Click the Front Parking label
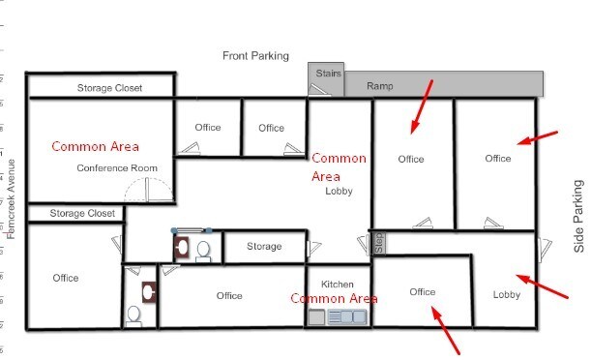click(x=255, y=56)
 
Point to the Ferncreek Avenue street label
click(x=11, y=199)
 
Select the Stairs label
click(x=324, y=72)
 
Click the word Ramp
click(x=379, y=87)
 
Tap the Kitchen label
click(x=338, y=284)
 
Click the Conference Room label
click(x=117, y=168)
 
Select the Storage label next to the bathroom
click(x=264, y=247)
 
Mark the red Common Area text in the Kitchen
click(x=334, y=299)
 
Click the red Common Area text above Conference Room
click(x=95, y=147)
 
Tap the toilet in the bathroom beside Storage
click(x=203, y=251)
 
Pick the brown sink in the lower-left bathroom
click(x=148, y=289)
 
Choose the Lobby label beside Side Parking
click(x=507, y=294)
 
